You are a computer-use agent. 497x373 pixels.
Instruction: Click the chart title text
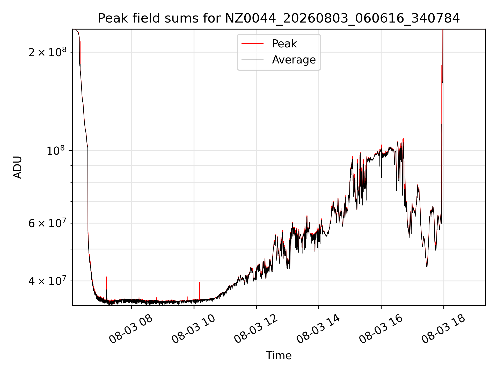pos(279,18)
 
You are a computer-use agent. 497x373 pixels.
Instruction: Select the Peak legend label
pos(284,44)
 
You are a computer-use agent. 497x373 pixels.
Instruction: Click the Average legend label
pos(294,60)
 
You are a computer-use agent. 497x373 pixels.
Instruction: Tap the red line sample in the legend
pos(252,44)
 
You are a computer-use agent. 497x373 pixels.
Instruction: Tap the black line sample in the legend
pos(252,60)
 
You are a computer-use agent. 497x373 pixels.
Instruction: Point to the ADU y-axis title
pos(18,167)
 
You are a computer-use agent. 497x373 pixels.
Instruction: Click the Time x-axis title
pos(279,356)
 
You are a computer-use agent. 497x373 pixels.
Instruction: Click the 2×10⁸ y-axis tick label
pos(47,52)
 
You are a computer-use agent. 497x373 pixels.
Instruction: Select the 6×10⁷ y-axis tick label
pos(47,223)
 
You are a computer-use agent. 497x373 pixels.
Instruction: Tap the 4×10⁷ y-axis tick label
pos(47,281)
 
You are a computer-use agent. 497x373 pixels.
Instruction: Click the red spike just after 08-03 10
pos(199,291)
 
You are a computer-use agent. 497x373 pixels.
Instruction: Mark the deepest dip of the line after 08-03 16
pos(427,266)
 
